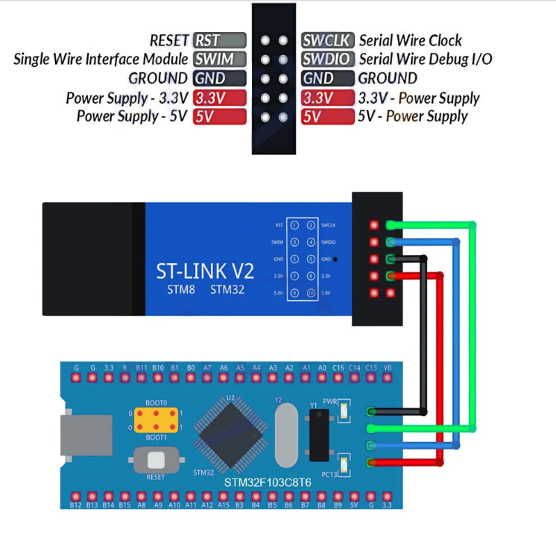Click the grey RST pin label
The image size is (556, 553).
[x=219, y=40]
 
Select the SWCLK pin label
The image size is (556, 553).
[x=328, y=40]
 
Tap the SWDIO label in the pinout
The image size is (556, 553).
[x=328, y=59]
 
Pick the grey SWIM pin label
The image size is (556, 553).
[x=219, y=59]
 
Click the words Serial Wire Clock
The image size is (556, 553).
[x=410, y=40]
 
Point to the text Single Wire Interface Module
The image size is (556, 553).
[x=101, y=59]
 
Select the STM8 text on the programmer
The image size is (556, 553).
[x=180, y=289]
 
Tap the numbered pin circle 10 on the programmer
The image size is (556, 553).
[x=311, y=294]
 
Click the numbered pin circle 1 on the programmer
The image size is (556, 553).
[x=294, y=225]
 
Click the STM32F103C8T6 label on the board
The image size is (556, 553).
[x=268, y=483]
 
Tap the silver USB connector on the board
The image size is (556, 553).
[x=86, y=435]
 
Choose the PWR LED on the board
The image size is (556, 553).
[x=343, y=409]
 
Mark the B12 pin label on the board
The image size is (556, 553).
[x=75, y=505]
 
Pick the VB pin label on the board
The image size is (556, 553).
[x=387, y=367]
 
